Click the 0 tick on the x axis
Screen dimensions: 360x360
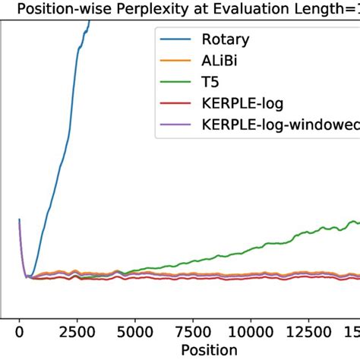(x=19, y=331)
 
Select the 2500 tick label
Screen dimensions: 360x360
(x=77, y=331)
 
